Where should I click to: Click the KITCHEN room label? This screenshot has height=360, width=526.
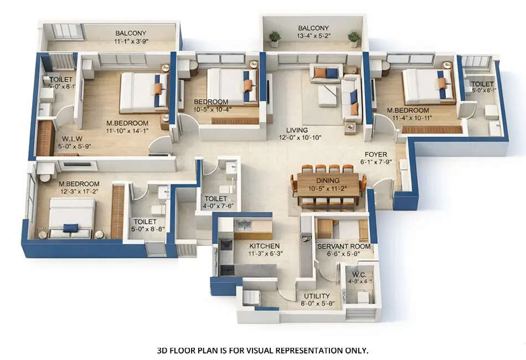[x=264, y=246]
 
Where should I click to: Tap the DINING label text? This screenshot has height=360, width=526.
[x=328, y=181]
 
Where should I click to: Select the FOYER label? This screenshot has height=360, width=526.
[x=376, y=155]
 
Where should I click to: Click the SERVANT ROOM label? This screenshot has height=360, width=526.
[x=342, y=246]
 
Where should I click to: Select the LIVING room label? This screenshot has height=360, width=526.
[x=293, y=130]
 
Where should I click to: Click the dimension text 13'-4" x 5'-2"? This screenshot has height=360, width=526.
[x=313, y=37]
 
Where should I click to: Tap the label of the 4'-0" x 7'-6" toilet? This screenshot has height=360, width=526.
[x=215, y=198]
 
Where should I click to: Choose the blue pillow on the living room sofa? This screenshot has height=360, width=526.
[x=332, y=73]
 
